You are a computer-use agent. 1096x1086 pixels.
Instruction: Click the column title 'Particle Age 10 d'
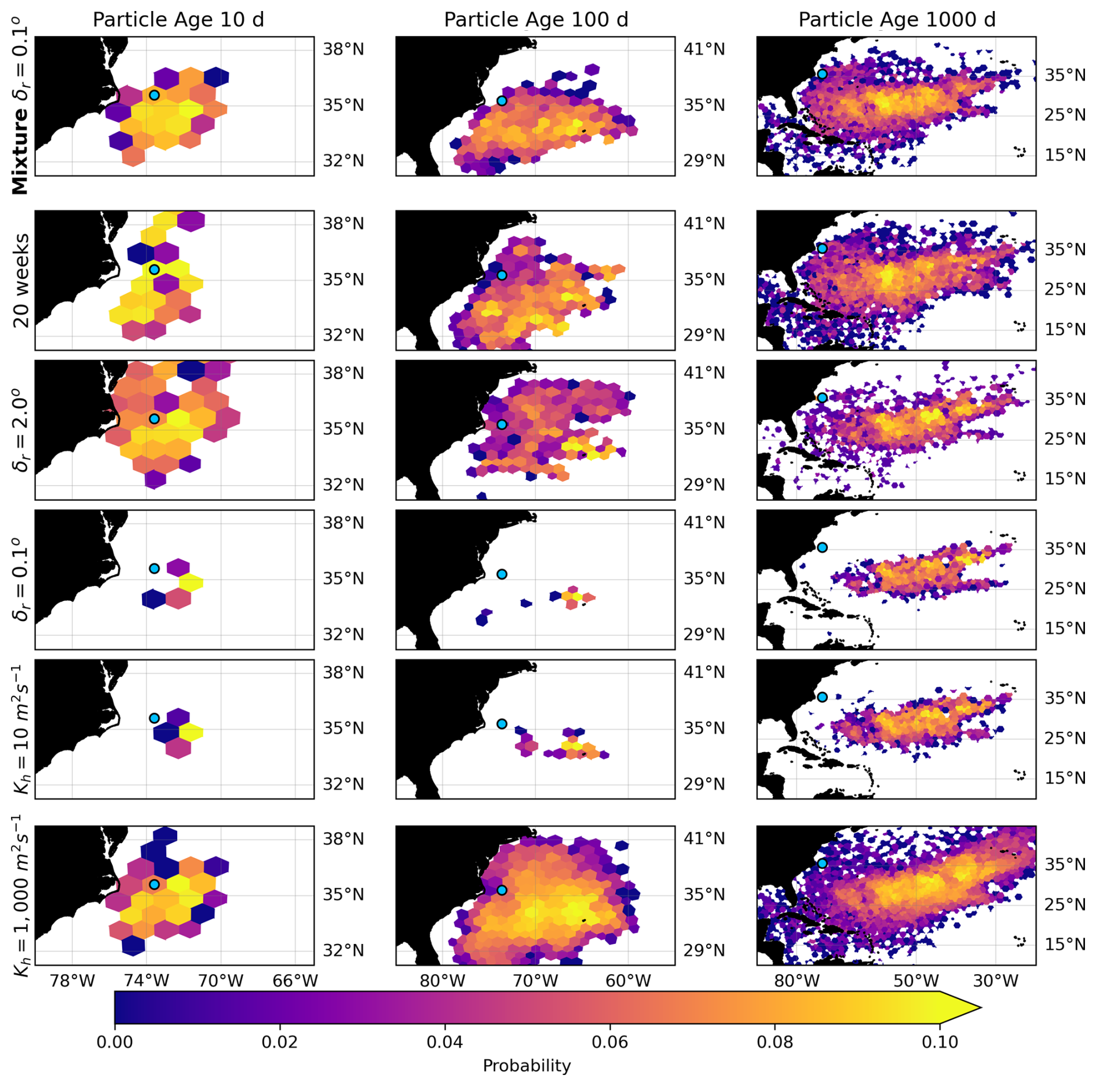point(178,20)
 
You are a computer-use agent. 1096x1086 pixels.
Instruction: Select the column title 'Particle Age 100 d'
point(536,20)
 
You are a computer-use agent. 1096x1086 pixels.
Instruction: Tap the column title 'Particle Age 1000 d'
point(897,20)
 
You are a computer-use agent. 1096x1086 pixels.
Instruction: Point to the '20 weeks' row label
point(21,280)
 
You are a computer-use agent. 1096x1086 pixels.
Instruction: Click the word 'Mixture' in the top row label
point(20,152)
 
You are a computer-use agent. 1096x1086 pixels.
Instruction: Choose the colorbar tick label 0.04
point(444,1042)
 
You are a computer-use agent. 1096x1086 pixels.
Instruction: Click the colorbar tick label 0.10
point(940,1042)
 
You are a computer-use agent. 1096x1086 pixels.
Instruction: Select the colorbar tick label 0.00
point(115,1042)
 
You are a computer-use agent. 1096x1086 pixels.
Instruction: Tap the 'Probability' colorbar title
point(527,1066)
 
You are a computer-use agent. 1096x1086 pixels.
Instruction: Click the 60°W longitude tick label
point(629,981)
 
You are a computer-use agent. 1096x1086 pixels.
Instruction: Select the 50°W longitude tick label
point(916,981)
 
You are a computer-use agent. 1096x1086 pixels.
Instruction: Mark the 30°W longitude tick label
point(996,981)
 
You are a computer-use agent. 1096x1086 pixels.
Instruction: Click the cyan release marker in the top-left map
point(154,95)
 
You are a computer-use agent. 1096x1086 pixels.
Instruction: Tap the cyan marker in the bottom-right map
point(822,863)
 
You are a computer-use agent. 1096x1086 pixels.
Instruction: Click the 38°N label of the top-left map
point(344,49)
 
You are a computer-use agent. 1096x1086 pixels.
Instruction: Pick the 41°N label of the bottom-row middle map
point(704,838)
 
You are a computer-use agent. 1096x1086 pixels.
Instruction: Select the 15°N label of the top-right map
point(1065,155)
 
